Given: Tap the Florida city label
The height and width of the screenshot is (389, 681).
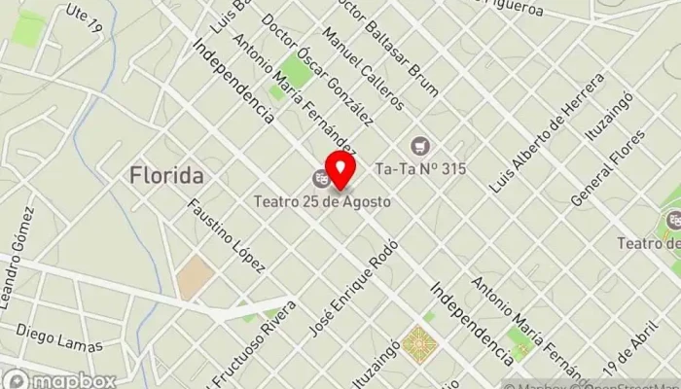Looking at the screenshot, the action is tap(166, 176).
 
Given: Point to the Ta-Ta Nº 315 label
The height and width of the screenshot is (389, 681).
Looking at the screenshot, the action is tap(419, 168).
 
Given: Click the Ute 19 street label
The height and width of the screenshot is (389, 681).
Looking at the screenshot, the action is tap(85, 17).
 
